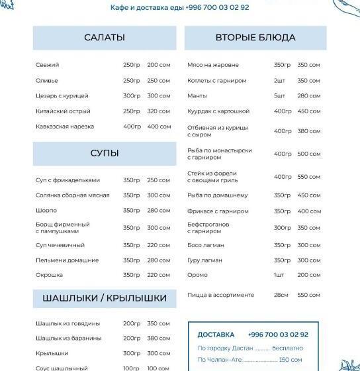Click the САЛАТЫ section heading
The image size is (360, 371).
pos(105,38)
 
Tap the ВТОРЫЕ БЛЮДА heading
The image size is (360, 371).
pos(255,38)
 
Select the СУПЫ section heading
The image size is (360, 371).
pos(105,154)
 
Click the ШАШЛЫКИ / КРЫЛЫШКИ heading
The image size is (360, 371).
pos(105,299)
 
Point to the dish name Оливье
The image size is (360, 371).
pos(47,81)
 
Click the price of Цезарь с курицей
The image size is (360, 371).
pos(159,96)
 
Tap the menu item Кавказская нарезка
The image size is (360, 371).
pos(65,127)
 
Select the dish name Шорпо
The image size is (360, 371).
pos(46,211)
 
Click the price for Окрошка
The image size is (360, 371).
pos(159,275)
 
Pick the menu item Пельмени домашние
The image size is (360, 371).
pos(67,260)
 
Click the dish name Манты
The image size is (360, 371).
pos(197,96)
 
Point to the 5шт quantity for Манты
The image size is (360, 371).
pos(279,96)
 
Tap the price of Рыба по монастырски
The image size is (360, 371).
pos(309,154)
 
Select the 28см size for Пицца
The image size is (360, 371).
pos(281,295)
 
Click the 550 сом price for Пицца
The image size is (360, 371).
pos(309,295)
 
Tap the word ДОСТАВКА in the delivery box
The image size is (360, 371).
pos(216,335)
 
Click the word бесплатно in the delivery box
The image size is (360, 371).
pos(287,348)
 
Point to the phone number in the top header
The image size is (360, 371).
pos(218,8)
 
